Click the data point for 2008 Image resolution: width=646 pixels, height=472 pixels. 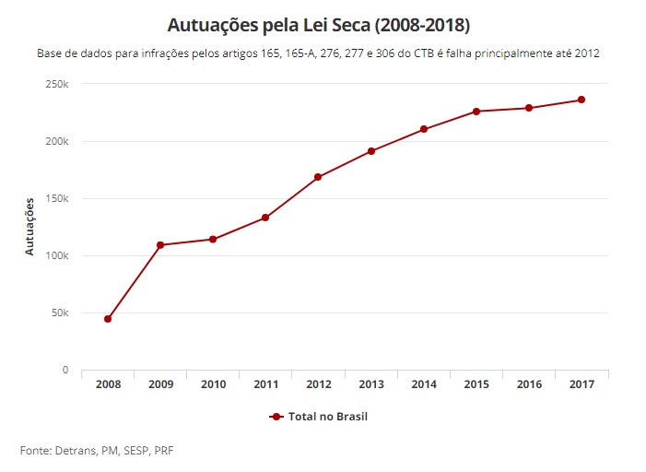[x=108, y=319]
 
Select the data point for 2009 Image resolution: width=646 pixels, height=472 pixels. [x=160, y=245]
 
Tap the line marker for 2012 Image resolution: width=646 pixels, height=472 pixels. [x=318, y=177]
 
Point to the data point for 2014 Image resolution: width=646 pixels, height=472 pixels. [x=424, y=129]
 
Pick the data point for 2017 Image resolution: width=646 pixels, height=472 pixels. [x=581, y=100]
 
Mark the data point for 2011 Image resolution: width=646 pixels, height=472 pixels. [x=265, y=218]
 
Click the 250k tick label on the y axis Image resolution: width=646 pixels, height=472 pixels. [x=56, y=85]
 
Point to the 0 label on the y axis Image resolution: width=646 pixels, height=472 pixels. [x=65, y=370]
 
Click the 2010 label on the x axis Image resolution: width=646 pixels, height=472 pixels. [x=213, y=383]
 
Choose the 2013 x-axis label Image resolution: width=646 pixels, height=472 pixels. [x=370, y=383]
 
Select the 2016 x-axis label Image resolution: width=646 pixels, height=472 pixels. [x=529, y=383]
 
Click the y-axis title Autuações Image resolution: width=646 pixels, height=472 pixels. [x=30, y=226]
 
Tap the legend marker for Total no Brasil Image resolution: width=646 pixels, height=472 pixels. [x=276, y=417]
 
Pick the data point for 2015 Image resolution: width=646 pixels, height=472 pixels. [x=476, y=112]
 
